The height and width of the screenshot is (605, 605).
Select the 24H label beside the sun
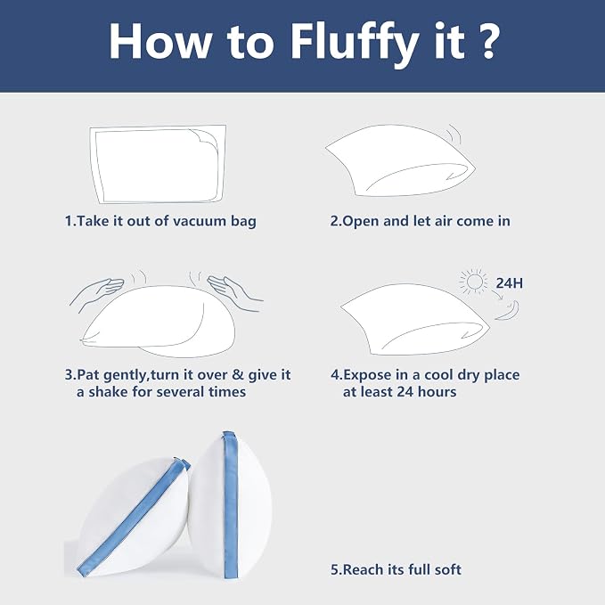[510, 283]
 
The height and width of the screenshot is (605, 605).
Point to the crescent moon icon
[510, 312]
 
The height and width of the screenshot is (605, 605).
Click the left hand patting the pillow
[97, 291]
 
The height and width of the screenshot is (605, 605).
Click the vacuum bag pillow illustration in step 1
[159, 164]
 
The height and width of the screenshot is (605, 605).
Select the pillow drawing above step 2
[400, 160]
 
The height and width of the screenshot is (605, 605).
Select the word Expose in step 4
[366, 375]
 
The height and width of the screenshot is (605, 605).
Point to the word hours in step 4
[437, 392]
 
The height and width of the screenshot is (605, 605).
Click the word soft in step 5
[447, 569]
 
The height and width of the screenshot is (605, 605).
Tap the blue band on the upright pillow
[231, 505]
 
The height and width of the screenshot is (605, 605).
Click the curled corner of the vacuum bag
[206, 140]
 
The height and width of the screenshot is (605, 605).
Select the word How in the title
[159, 42]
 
